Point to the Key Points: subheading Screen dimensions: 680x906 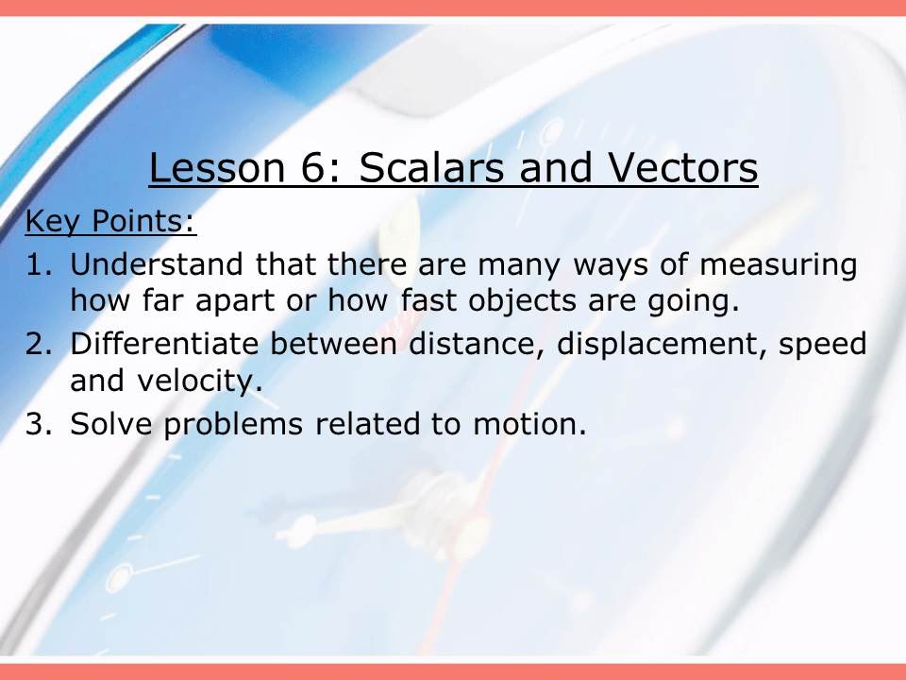point(110,223)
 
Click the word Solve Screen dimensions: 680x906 point(112,424)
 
